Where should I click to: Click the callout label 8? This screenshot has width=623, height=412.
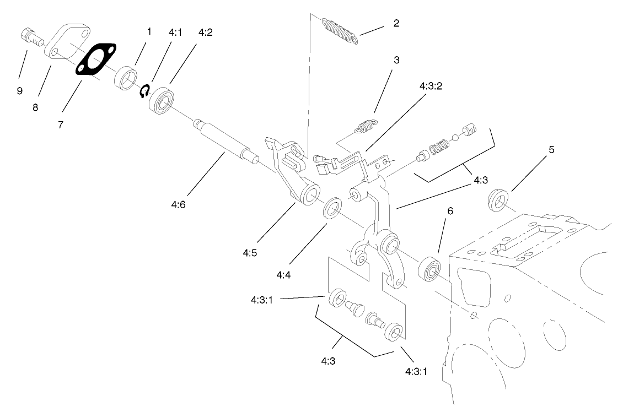click(35, 107)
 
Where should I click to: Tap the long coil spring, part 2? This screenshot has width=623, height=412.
click(340, 31)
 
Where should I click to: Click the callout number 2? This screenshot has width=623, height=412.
click(396, 24)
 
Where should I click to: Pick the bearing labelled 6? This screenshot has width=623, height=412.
click(429, 269)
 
